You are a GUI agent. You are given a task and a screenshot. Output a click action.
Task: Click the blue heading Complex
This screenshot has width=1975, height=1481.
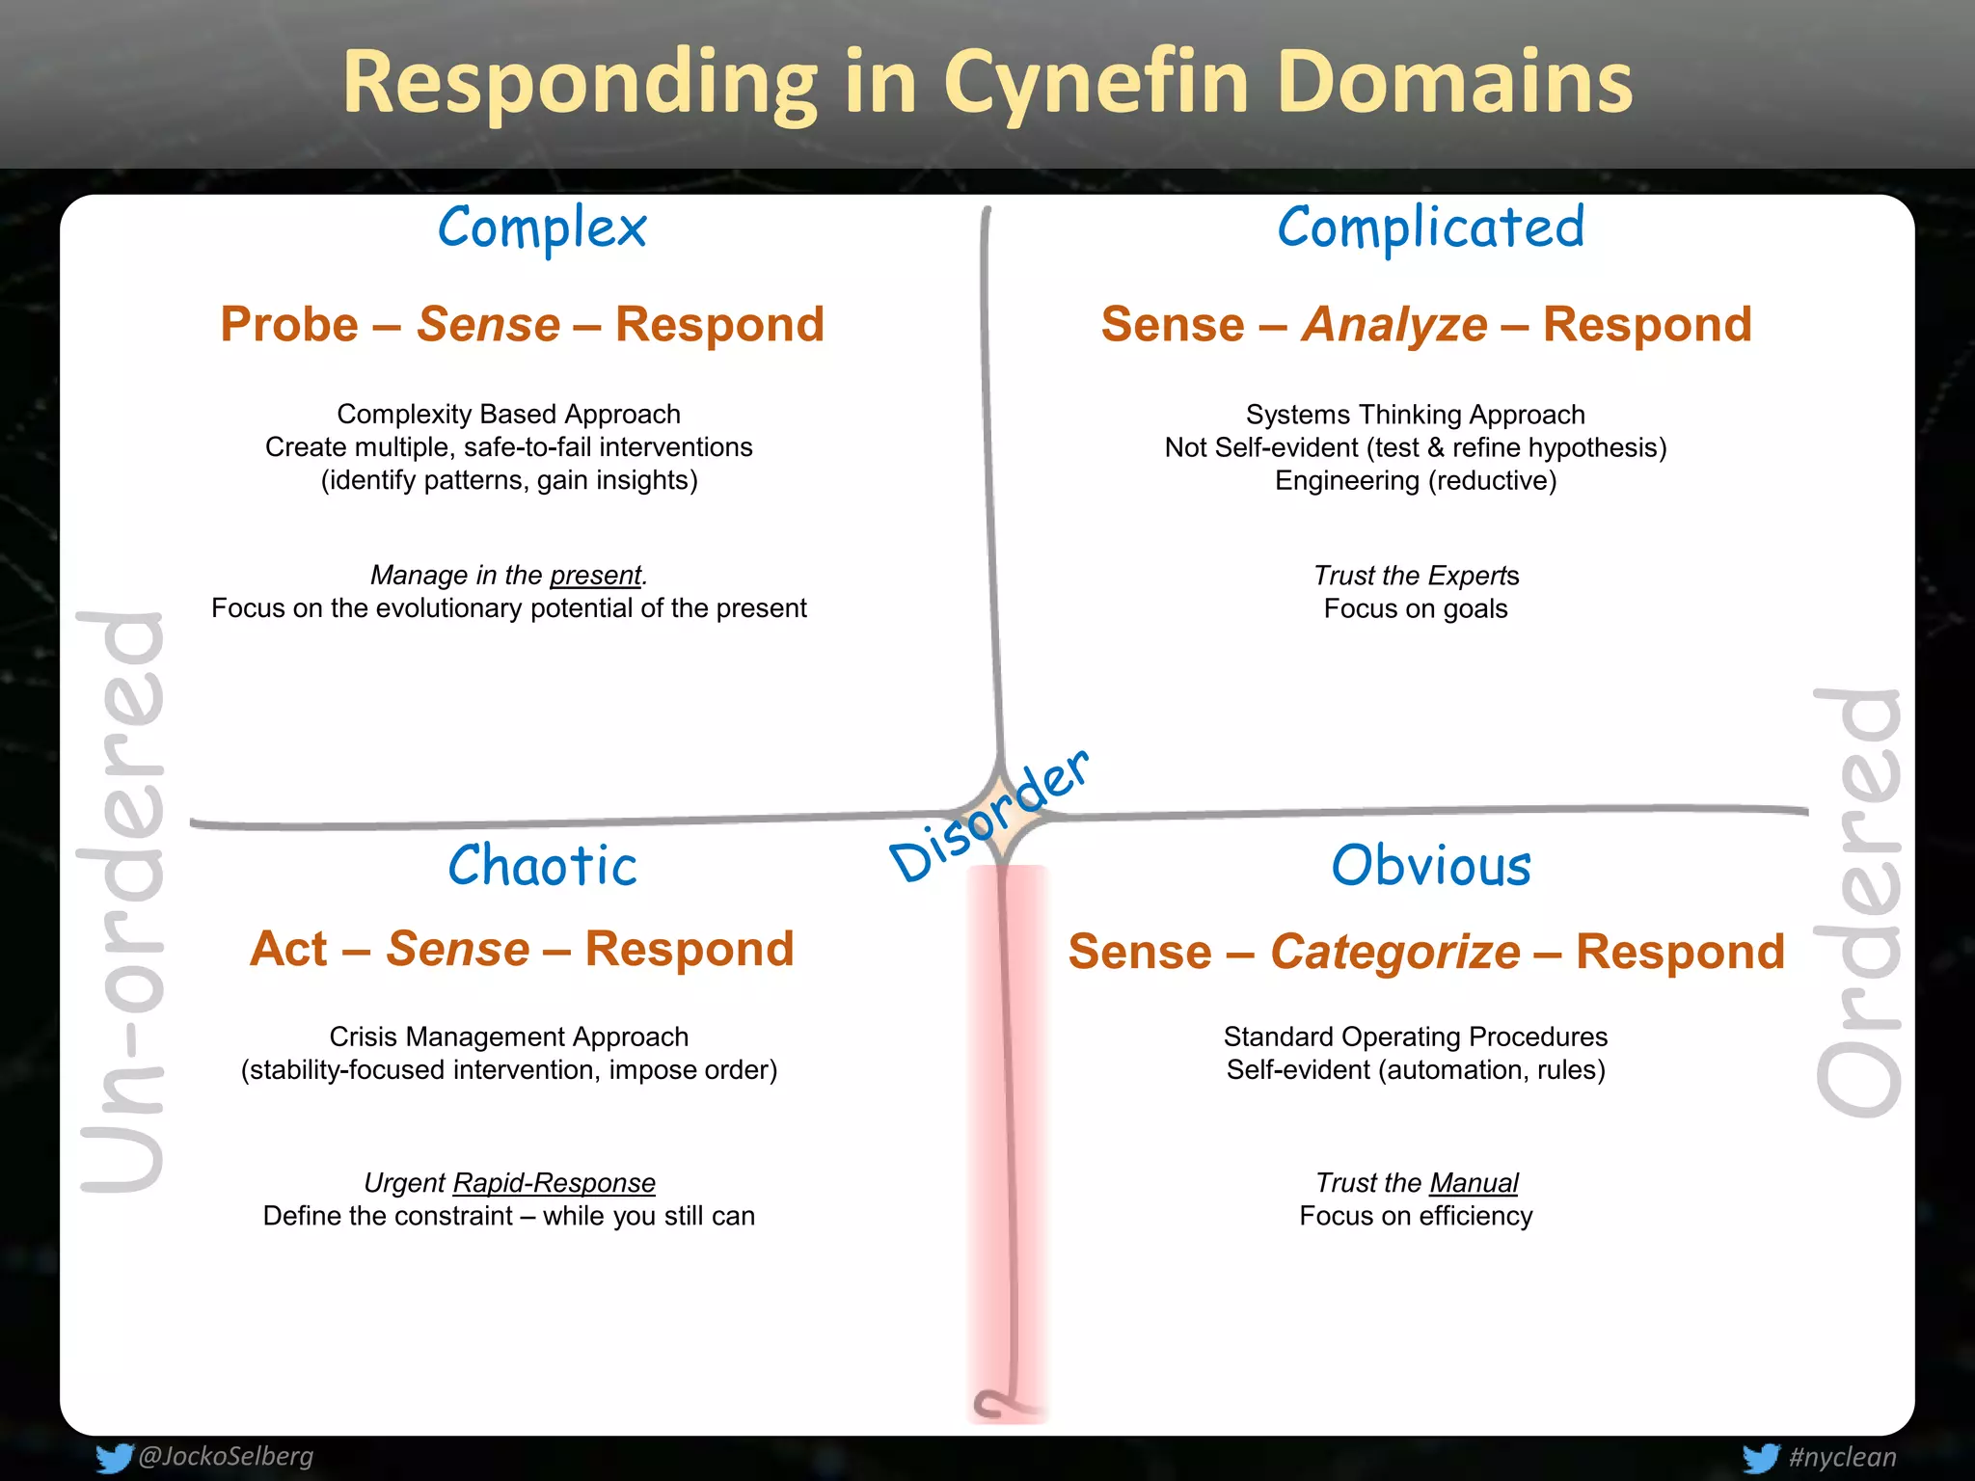(542, 229)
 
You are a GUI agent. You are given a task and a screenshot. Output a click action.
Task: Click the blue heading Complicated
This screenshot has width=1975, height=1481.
(1431, 229)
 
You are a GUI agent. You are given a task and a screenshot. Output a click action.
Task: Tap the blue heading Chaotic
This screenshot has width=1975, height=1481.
(542, 865)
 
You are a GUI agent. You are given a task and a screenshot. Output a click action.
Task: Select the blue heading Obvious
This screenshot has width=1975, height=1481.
(1431, 865)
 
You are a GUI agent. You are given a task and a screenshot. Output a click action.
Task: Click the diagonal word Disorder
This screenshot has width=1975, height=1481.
(988, 818)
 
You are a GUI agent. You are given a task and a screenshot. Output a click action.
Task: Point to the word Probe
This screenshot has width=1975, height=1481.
(289, 325)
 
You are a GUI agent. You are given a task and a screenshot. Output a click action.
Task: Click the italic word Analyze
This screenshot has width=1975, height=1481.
(1394, 325)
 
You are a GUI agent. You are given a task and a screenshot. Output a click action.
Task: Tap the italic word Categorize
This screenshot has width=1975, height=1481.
(1394, 953)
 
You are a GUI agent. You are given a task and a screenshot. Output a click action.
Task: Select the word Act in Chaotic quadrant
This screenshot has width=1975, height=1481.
(288, 950)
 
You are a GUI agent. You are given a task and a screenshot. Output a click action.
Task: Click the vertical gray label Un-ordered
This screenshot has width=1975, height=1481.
(122, 902)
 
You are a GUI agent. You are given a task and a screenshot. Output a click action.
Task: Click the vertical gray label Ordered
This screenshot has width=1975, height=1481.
(1857, 902)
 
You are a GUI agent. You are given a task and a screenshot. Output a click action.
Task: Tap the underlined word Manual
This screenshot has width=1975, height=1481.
(1474, 1183)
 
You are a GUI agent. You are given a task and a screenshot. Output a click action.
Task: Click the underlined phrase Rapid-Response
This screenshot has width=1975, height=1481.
(554, 1183)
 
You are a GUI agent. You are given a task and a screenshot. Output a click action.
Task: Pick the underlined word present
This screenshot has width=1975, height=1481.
(595, 576)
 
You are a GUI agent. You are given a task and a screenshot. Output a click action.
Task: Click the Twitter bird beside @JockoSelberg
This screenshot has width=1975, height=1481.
(113, 1458)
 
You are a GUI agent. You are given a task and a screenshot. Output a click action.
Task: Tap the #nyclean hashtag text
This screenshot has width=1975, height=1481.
(1842, 1457)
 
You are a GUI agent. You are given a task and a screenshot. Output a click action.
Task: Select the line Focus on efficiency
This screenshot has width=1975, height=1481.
(1416, 1216)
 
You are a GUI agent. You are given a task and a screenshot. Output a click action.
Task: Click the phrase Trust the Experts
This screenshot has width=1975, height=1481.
(1416, 576)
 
